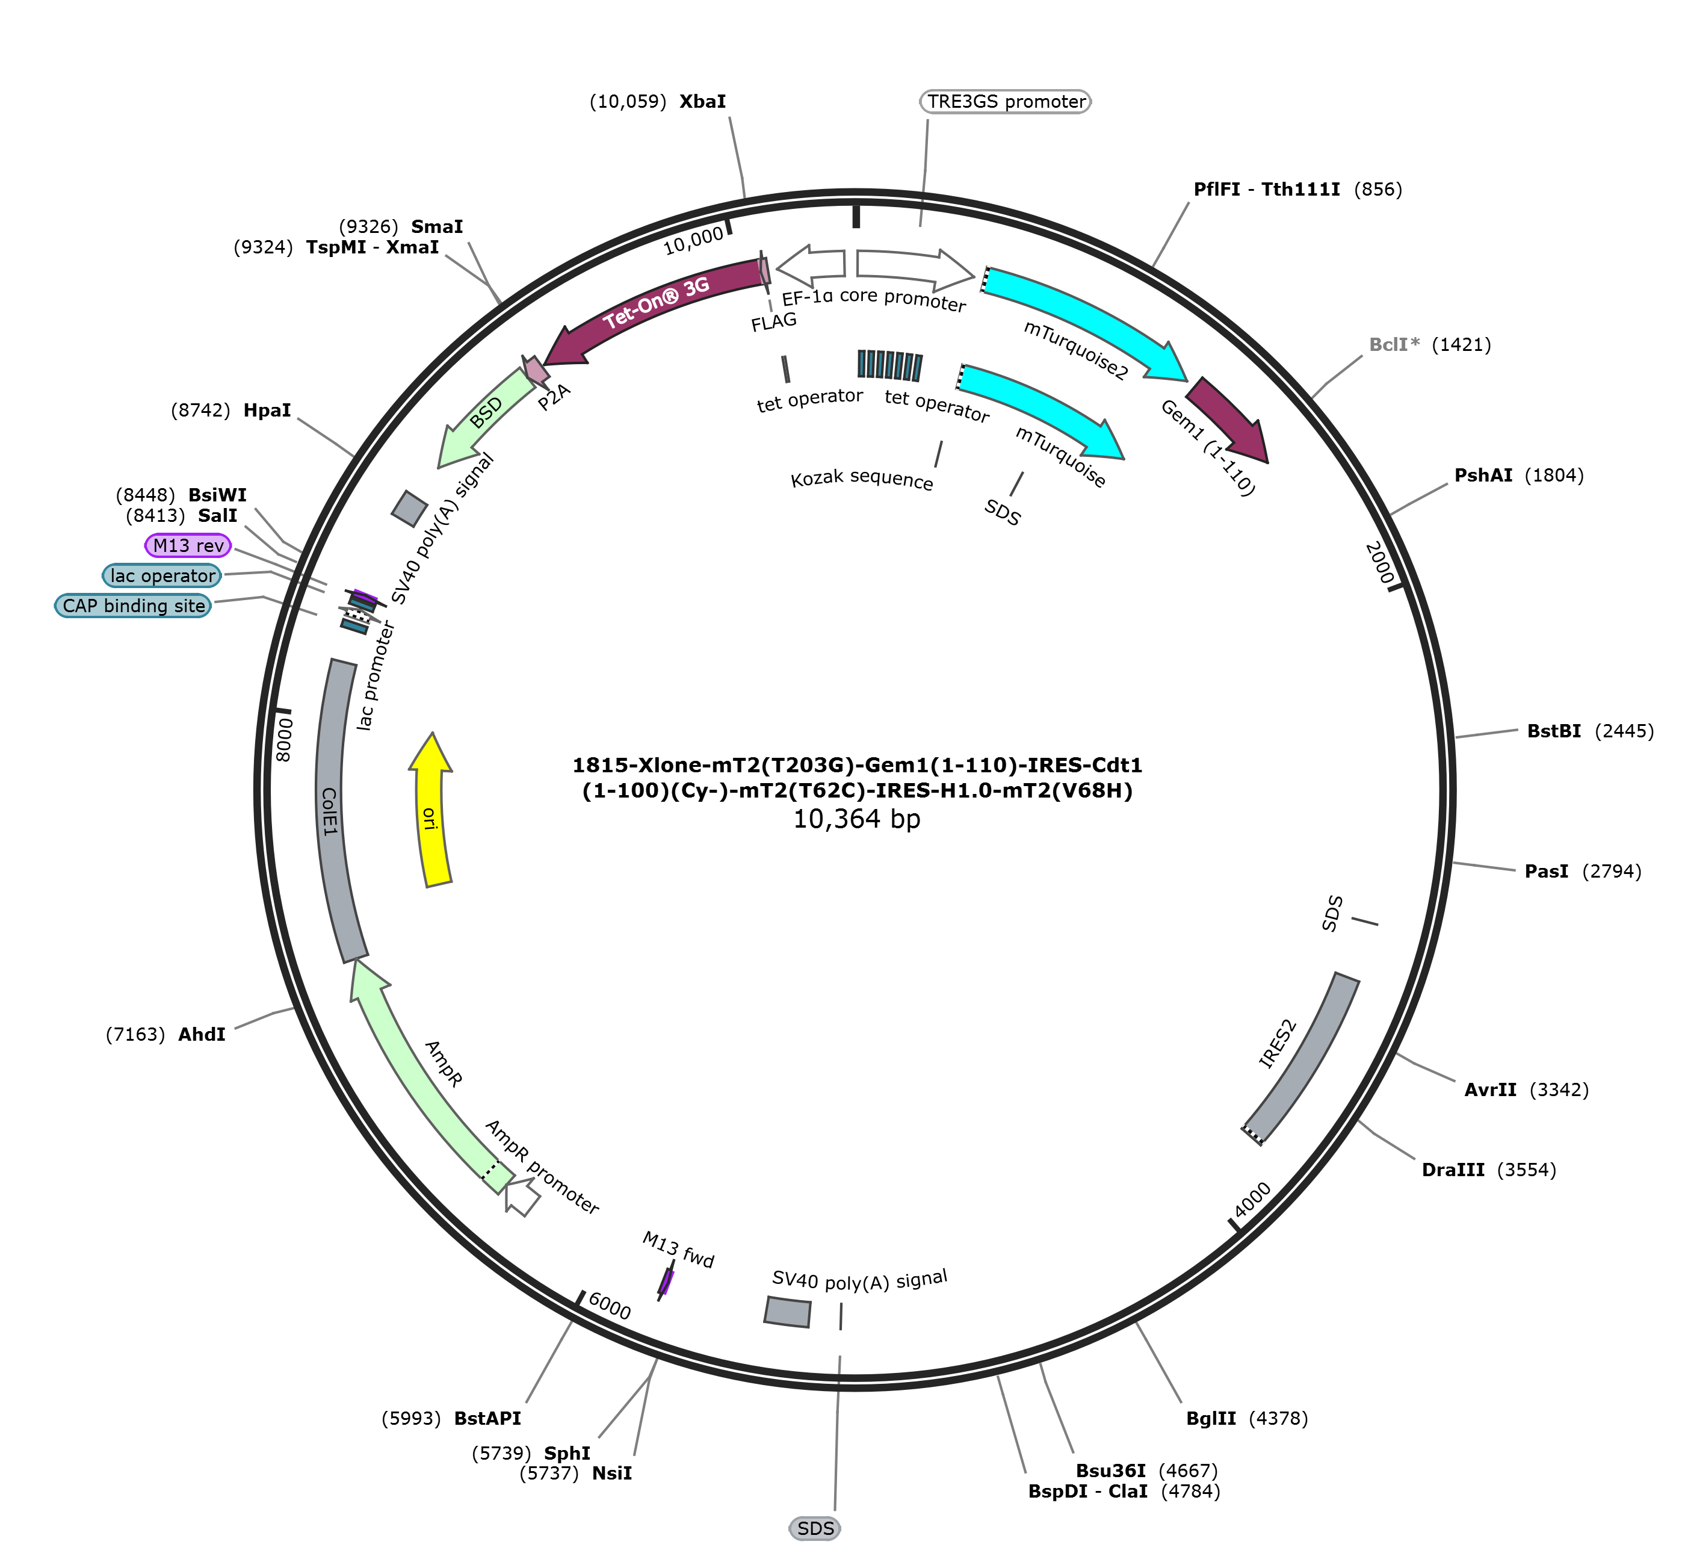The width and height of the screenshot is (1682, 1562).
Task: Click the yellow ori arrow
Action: (x=430, y=811)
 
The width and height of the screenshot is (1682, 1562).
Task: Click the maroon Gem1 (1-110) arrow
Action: (x=1230, y=418)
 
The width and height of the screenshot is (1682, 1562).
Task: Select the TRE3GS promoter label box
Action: (x=1005, y=102)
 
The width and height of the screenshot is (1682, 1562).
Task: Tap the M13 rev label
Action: (x=188, y=546)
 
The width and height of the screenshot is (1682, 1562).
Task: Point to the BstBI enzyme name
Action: (x=1554, y=731)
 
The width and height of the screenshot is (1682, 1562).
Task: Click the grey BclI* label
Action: (x=1394, y=345)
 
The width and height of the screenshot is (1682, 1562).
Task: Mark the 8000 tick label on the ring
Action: (x=285, y=740)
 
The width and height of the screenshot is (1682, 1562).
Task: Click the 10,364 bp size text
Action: (x=856, y=819)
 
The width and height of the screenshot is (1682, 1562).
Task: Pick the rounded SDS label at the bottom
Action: (x=815, y=1528)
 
